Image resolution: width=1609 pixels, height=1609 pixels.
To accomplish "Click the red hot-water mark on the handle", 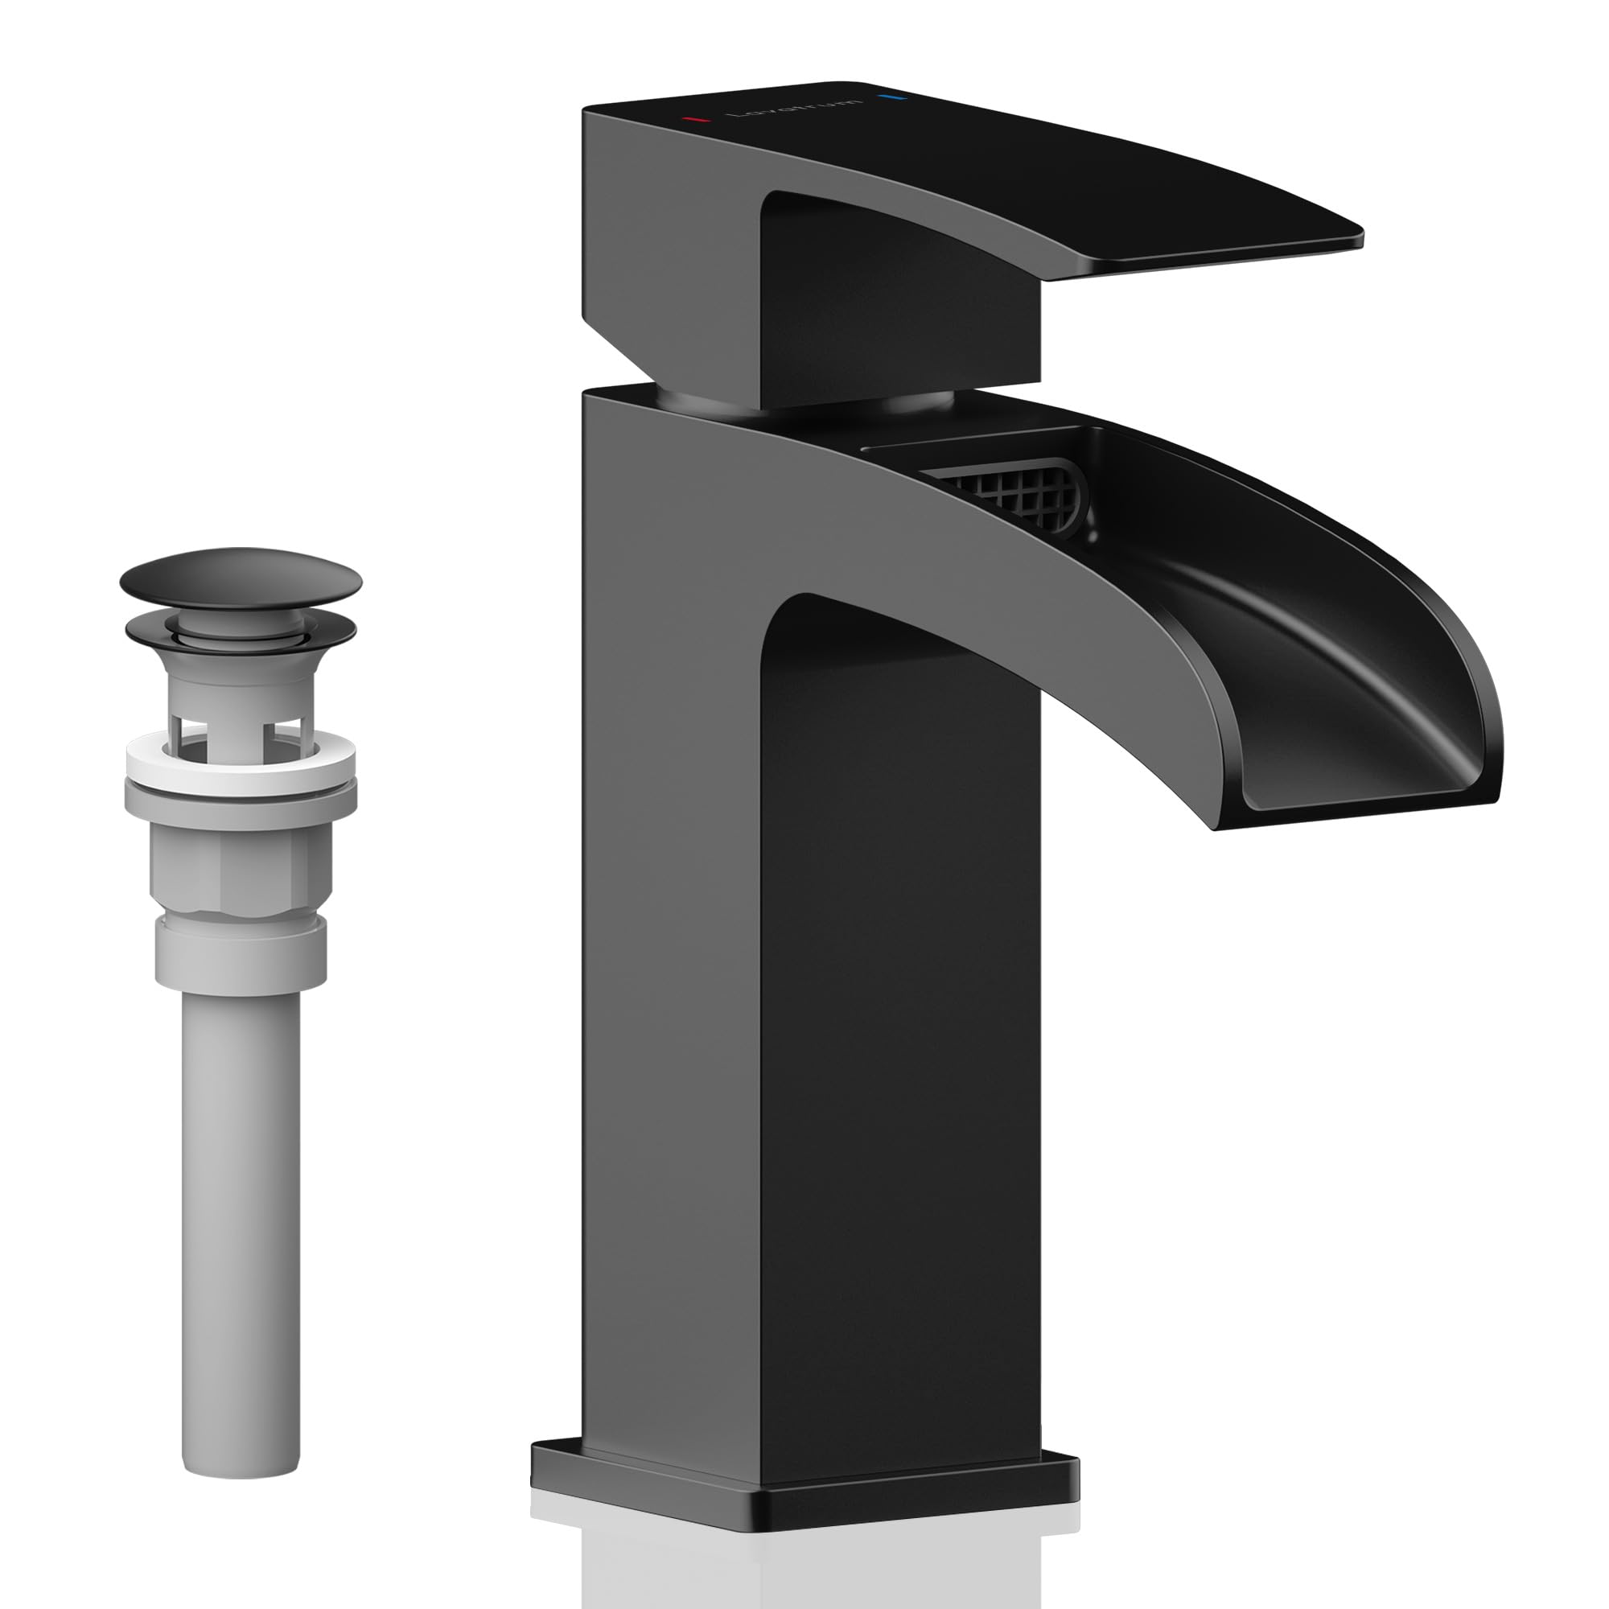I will pos(695,120).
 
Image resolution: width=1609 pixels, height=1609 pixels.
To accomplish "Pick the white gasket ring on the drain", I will pos(241,762).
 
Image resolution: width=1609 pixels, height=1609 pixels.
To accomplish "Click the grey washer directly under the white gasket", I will pos(241,797).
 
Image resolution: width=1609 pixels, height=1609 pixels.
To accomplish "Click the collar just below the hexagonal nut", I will pos(241,953).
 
